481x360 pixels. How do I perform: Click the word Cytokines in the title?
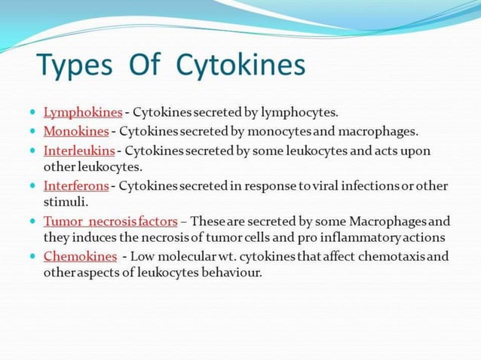(x=240, y=66)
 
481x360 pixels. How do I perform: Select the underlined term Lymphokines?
(x=83, y=112)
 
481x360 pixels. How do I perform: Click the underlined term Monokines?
(x=76, y=132)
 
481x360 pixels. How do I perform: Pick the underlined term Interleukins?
(x=79, y=151)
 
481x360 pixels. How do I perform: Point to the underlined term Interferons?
(x=76, y=185)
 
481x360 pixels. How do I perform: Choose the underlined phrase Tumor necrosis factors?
(x=111, y=221)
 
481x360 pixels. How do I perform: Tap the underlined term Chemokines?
(x=81, y=256)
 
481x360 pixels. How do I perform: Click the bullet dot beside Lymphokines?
(x=33, y=112)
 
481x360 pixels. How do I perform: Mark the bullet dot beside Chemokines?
(x=33, y=256)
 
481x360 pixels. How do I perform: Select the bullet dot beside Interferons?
(x=33, y=185)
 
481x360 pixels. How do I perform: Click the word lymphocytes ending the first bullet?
(x=299, y=112)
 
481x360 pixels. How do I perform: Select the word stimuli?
(x=66, y=201)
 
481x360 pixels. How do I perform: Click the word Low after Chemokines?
(x=145, y=256)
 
